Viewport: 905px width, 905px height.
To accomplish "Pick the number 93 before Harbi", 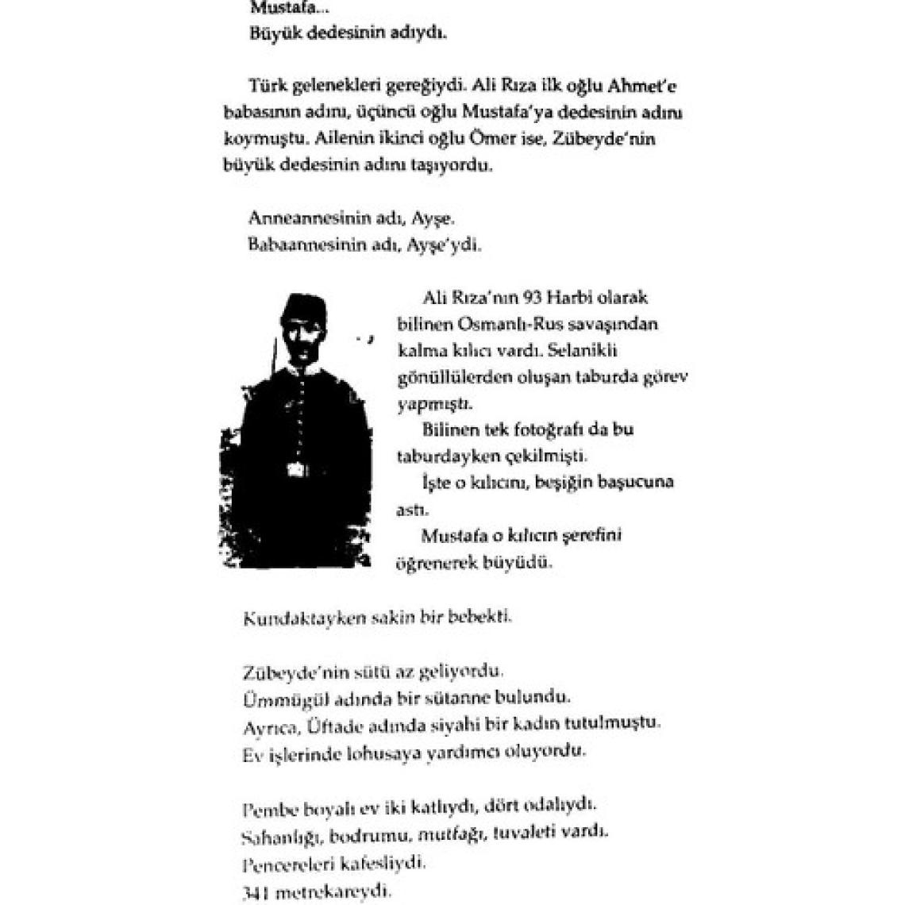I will click(x=534, y=298).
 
